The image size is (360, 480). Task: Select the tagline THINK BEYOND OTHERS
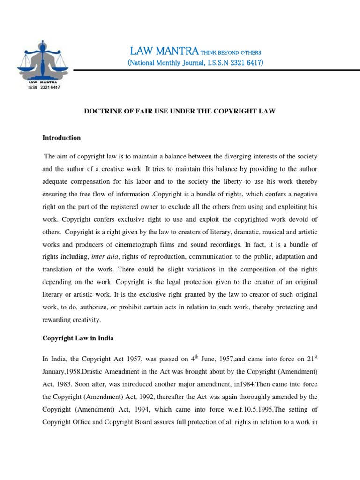pos(231,52)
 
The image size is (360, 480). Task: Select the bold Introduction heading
pos(61,138)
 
